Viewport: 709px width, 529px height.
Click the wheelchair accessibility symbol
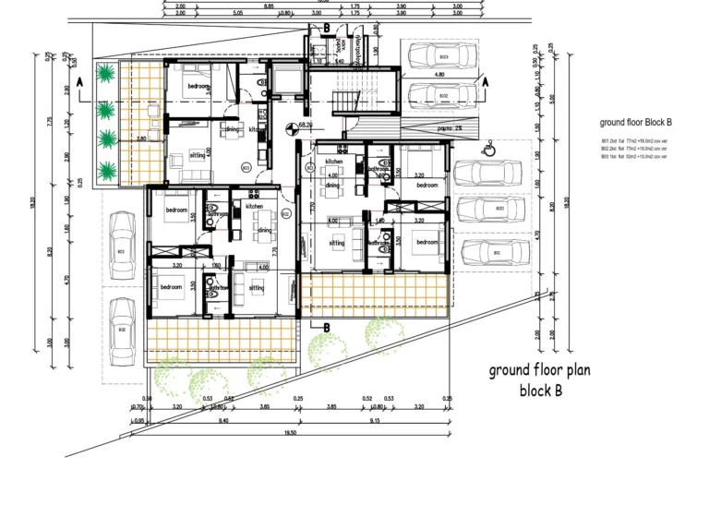click(487, 144)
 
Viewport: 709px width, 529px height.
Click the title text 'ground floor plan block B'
click(539, 379)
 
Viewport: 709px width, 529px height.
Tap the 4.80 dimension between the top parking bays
click(439, 74)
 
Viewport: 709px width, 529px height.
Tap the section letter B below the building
click(326, 326)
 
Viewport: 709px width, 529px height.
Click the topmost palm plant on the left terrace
click(106, 74)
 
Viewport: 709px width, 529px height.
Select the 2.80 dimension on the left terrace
click(141, 138)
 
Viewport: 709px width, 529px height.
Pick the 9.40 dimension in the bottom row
click(222, 420)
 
